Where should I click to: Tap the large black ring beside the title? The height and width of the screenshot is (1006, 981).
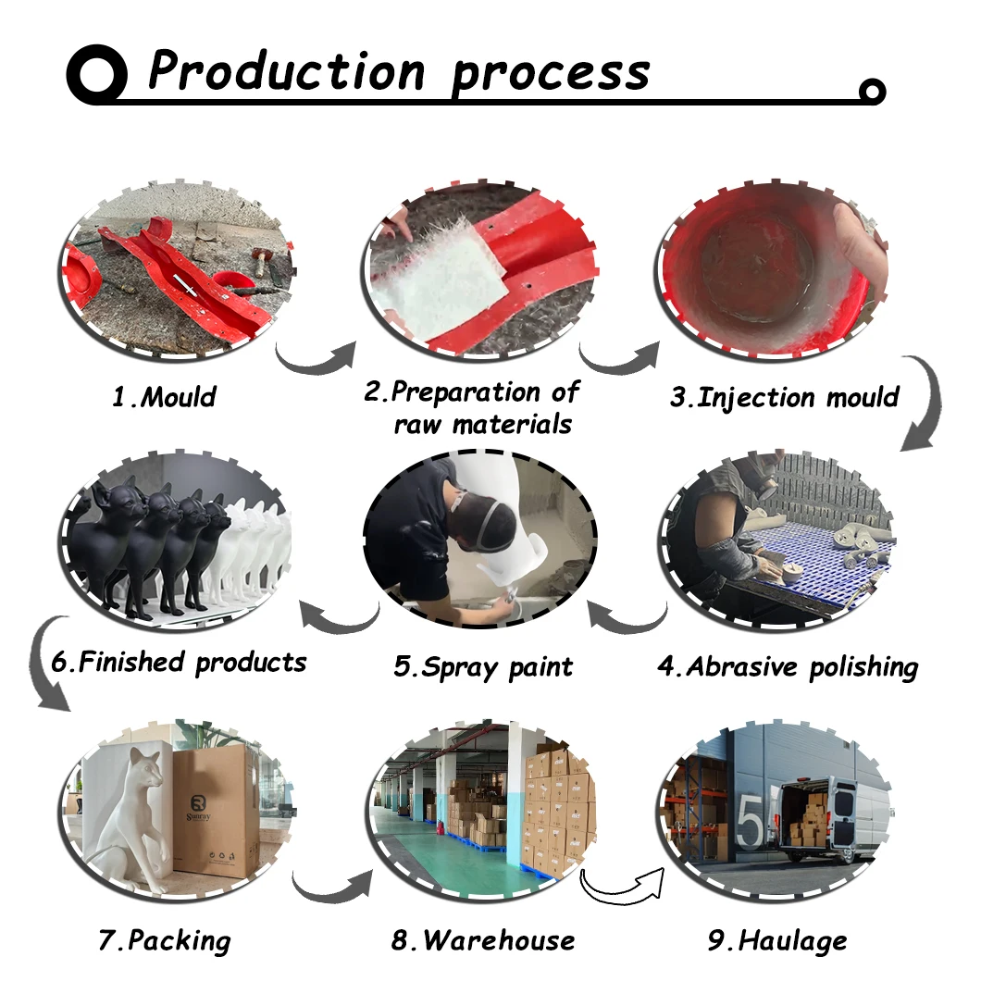[96, 75]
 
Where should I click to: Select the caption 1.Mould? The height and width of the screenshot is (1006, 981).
[164, 398]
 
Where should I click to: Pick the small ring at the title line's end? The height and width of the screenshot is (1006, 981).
[872, 91]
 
